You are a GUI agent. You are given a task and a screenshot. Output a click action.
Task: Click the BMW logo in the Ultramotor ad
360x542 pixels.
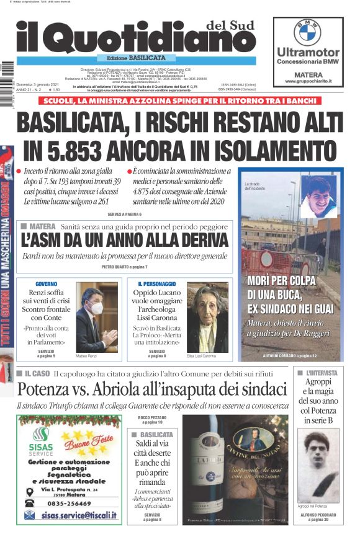tap(307, 32)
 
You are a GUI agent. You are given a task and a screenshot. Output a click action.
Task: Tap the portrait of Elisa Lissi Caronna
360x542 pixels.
tap(207, 317)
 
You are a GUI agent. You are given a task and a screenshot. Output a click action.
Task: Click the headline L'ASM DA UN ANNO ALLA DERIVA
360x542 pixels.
tap(124, 240)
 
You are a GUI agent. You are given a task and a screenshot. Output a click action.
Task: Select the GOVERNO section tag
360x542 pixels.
tap(47, 283)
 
